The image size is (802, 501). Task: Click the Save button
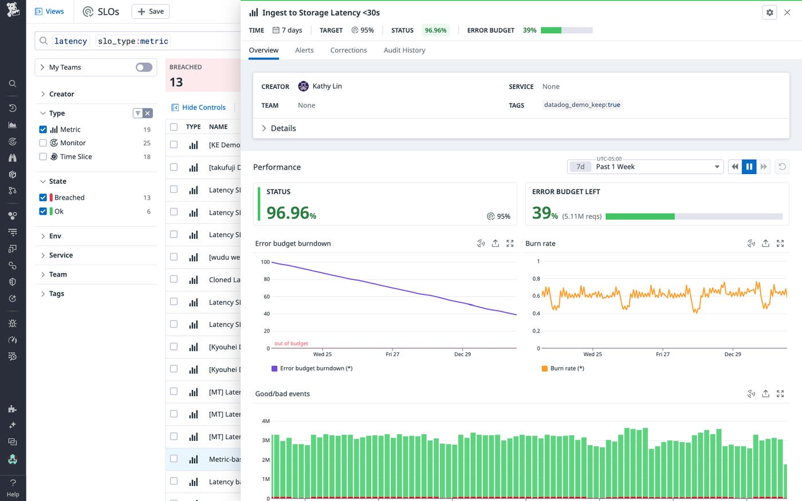coord(151,11)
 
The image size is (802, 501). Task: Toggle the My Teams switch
coord(144,68)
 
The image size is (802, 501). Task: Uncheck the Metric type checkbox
coord(43,129)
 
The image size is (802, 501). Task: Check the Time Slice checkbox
coord(43,156)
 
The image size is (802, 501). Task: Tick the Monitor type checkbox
coord(43,143)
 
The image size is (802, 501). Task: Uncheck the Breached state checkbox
coord(43,198)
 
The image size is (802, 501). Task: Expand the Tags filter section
coord(56,294)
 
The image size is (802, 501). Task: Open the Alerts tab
coord(304,50)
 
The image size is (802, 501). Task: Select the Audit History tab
coord(404,50)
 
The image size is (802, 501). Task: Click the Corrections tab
coord(348,50)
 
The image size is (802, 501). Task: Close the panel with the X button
coord(787,13)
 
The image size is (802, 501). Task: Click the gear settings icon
coord(769,13)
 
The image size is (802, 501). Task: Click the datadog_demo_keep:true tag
coord(581,105)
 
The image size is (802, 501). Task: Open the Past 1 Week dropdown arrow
coord(717,167)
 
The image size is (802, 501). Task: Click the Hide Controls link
coord(203,108)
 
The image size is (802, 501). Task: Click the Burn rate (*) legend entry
coord(567,369)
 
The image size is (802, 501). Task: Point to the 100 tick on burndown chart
coord(265,262)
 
